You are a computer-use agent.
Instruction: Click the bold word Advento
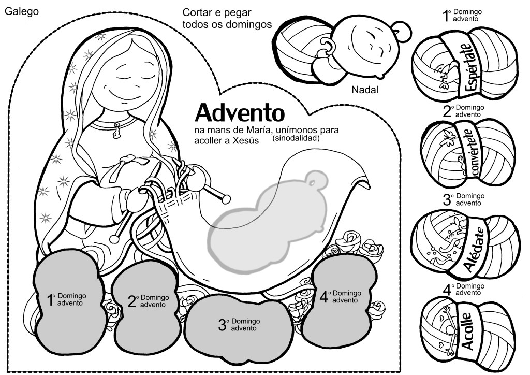(x=240, y=112)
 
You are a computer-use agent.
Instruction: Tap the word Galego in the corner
(x=22, y=11)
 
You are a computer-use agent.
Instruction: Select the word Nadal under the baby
(x=365, y=90)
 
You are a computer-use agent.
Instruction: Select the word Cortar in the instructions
(x=196, y=12)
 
